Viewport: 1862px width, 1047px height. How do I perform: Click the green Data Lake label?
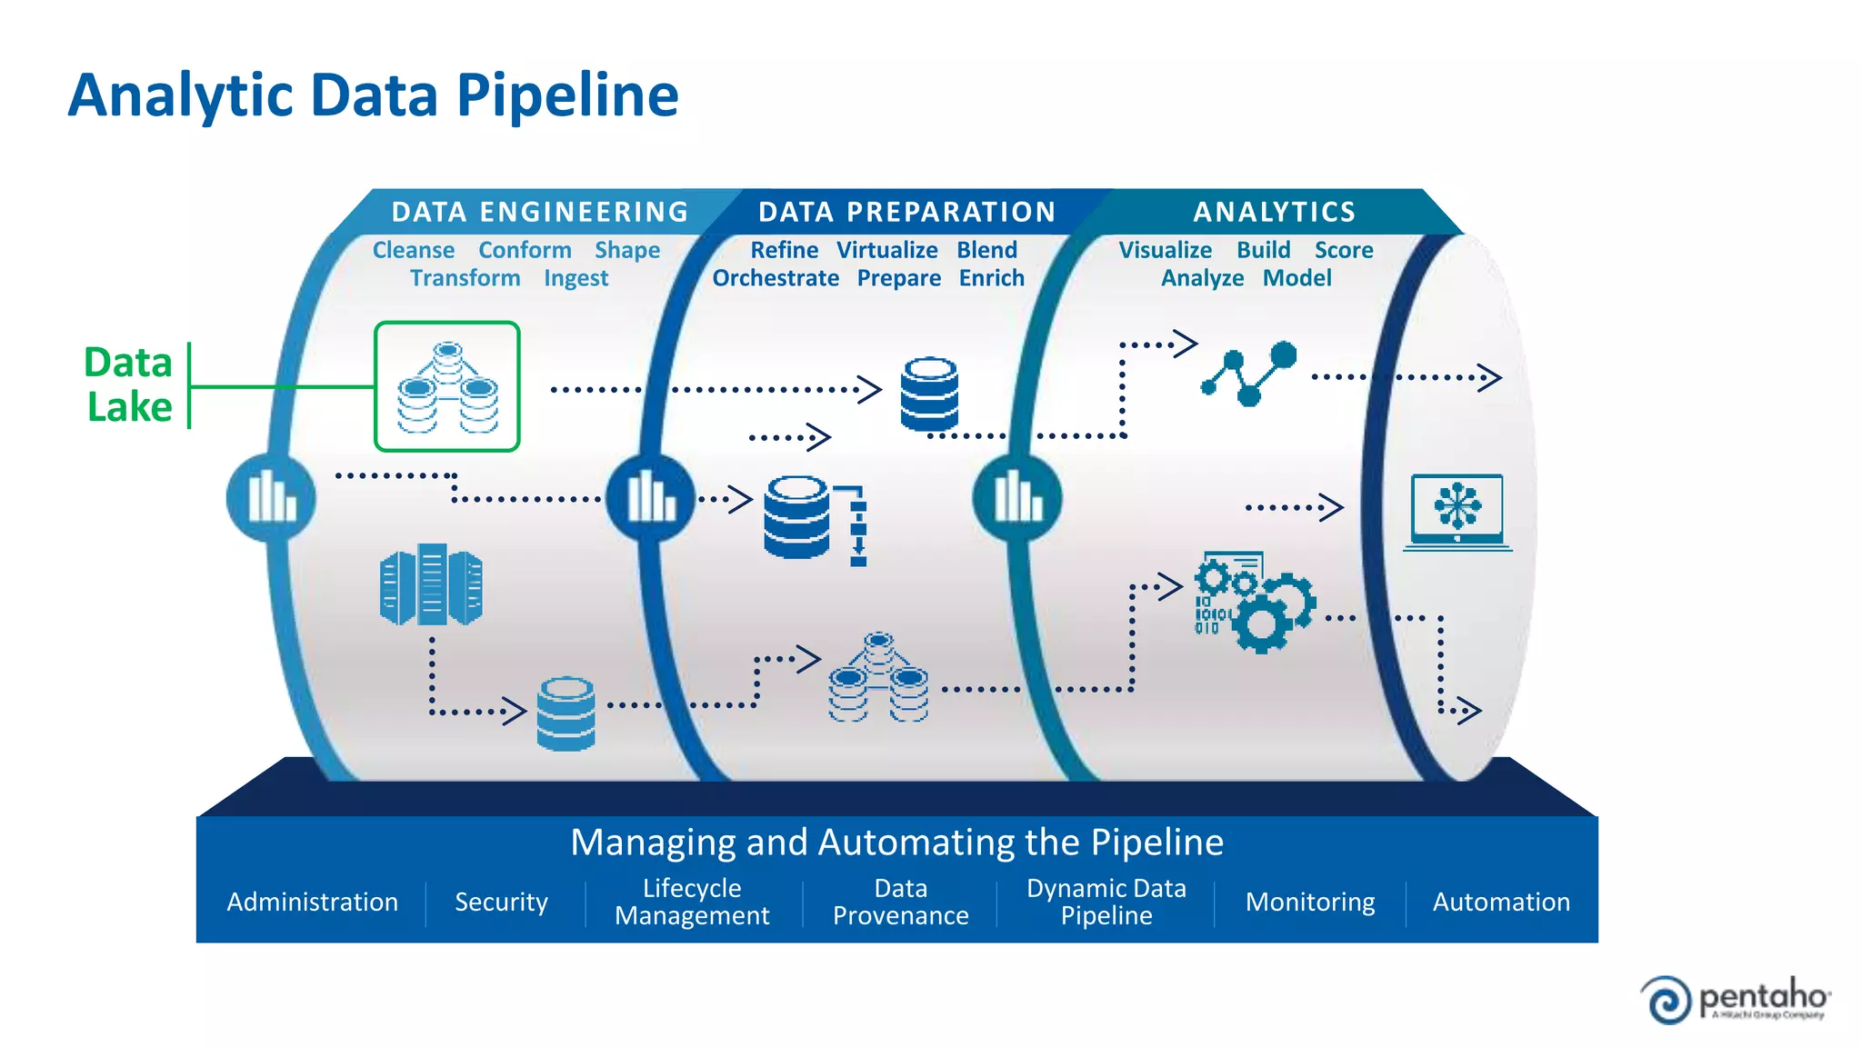coord(128,384)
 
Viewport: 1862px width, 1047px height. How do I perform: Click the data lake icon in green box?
coord(446,387)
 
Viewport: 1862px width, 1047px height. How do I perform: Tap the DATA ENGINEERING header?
coord(540,212)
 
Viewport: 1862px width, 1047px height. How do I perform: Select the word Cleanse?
coord(414,250)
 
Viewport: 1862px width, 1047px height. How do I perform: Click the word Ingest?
coord(576,278)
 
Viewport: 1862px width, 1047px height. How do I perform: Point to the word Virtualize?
coord(886,250)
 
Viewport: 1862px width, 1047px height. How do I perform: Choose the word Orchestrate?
coord(776,278)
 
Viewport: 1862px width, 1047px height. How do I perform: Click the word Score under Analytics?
coord(1343,250)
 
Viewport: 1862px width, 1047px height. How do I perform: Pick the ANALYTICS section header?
coord(1274,212)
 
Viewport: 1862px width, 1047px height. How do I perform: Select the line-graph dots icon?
coord(1249,374)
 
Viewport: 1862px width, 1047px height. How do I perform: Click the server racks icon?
coord(430,586)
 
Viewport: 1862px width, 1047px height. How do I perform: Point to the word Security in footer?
coord(501,902)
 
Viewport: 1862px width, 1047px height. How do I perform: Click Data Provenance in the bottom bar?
coord(900,902)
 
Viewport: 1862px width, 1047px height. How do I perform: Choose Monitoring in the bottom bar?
coord(1309,902)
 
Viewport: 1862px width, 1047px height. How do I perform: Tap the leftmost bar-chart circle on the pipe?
coord(271,498)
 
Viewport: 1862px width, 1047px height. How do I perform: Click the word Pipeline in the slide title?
coord(566,95)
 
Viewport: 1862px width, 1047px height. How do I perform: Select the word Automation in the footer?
coord(1501,902)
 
